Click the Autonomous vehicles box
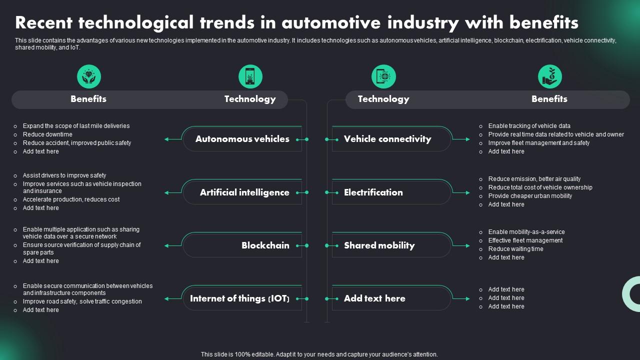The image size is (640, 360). tap(242, 139)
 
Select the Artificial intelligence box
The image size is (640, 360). tap(244, 192)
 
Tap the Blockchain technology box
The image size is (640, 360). tap(265, 245)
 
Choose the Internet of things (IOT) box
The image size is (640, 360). tap(240, 298)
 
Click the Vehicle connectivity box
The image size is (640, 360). tap(387, 139)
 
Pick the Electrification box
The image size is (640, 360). tap(373, 192)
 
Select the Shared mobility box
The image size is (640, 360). tap(379, 245)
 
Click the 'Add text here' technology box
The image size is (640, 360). tap(374, 298)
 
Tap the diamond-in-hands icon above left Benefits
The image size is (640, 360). tap(89, 77)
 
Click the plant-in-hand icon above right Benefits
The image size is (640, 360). tap(549, 77)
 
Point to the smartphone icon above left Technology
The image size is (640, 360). tap(250, 77)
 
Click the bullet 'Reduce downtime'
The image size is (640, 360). tap(47, 134)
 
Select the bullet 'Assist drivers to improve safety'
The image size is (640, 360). tap(64, 175)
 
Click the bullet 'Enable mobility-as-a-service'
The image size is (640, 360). tap(526, 232)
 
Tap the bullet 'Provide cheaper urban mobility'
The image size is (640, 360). tap(530, 196)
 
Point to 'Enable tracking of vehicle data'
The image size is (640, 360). tap(529, 126)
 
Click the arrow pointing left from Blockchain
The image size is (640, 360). tap(172, 245)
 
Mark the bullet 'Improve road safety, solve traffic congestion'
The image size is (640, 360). tap(82, 301)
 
